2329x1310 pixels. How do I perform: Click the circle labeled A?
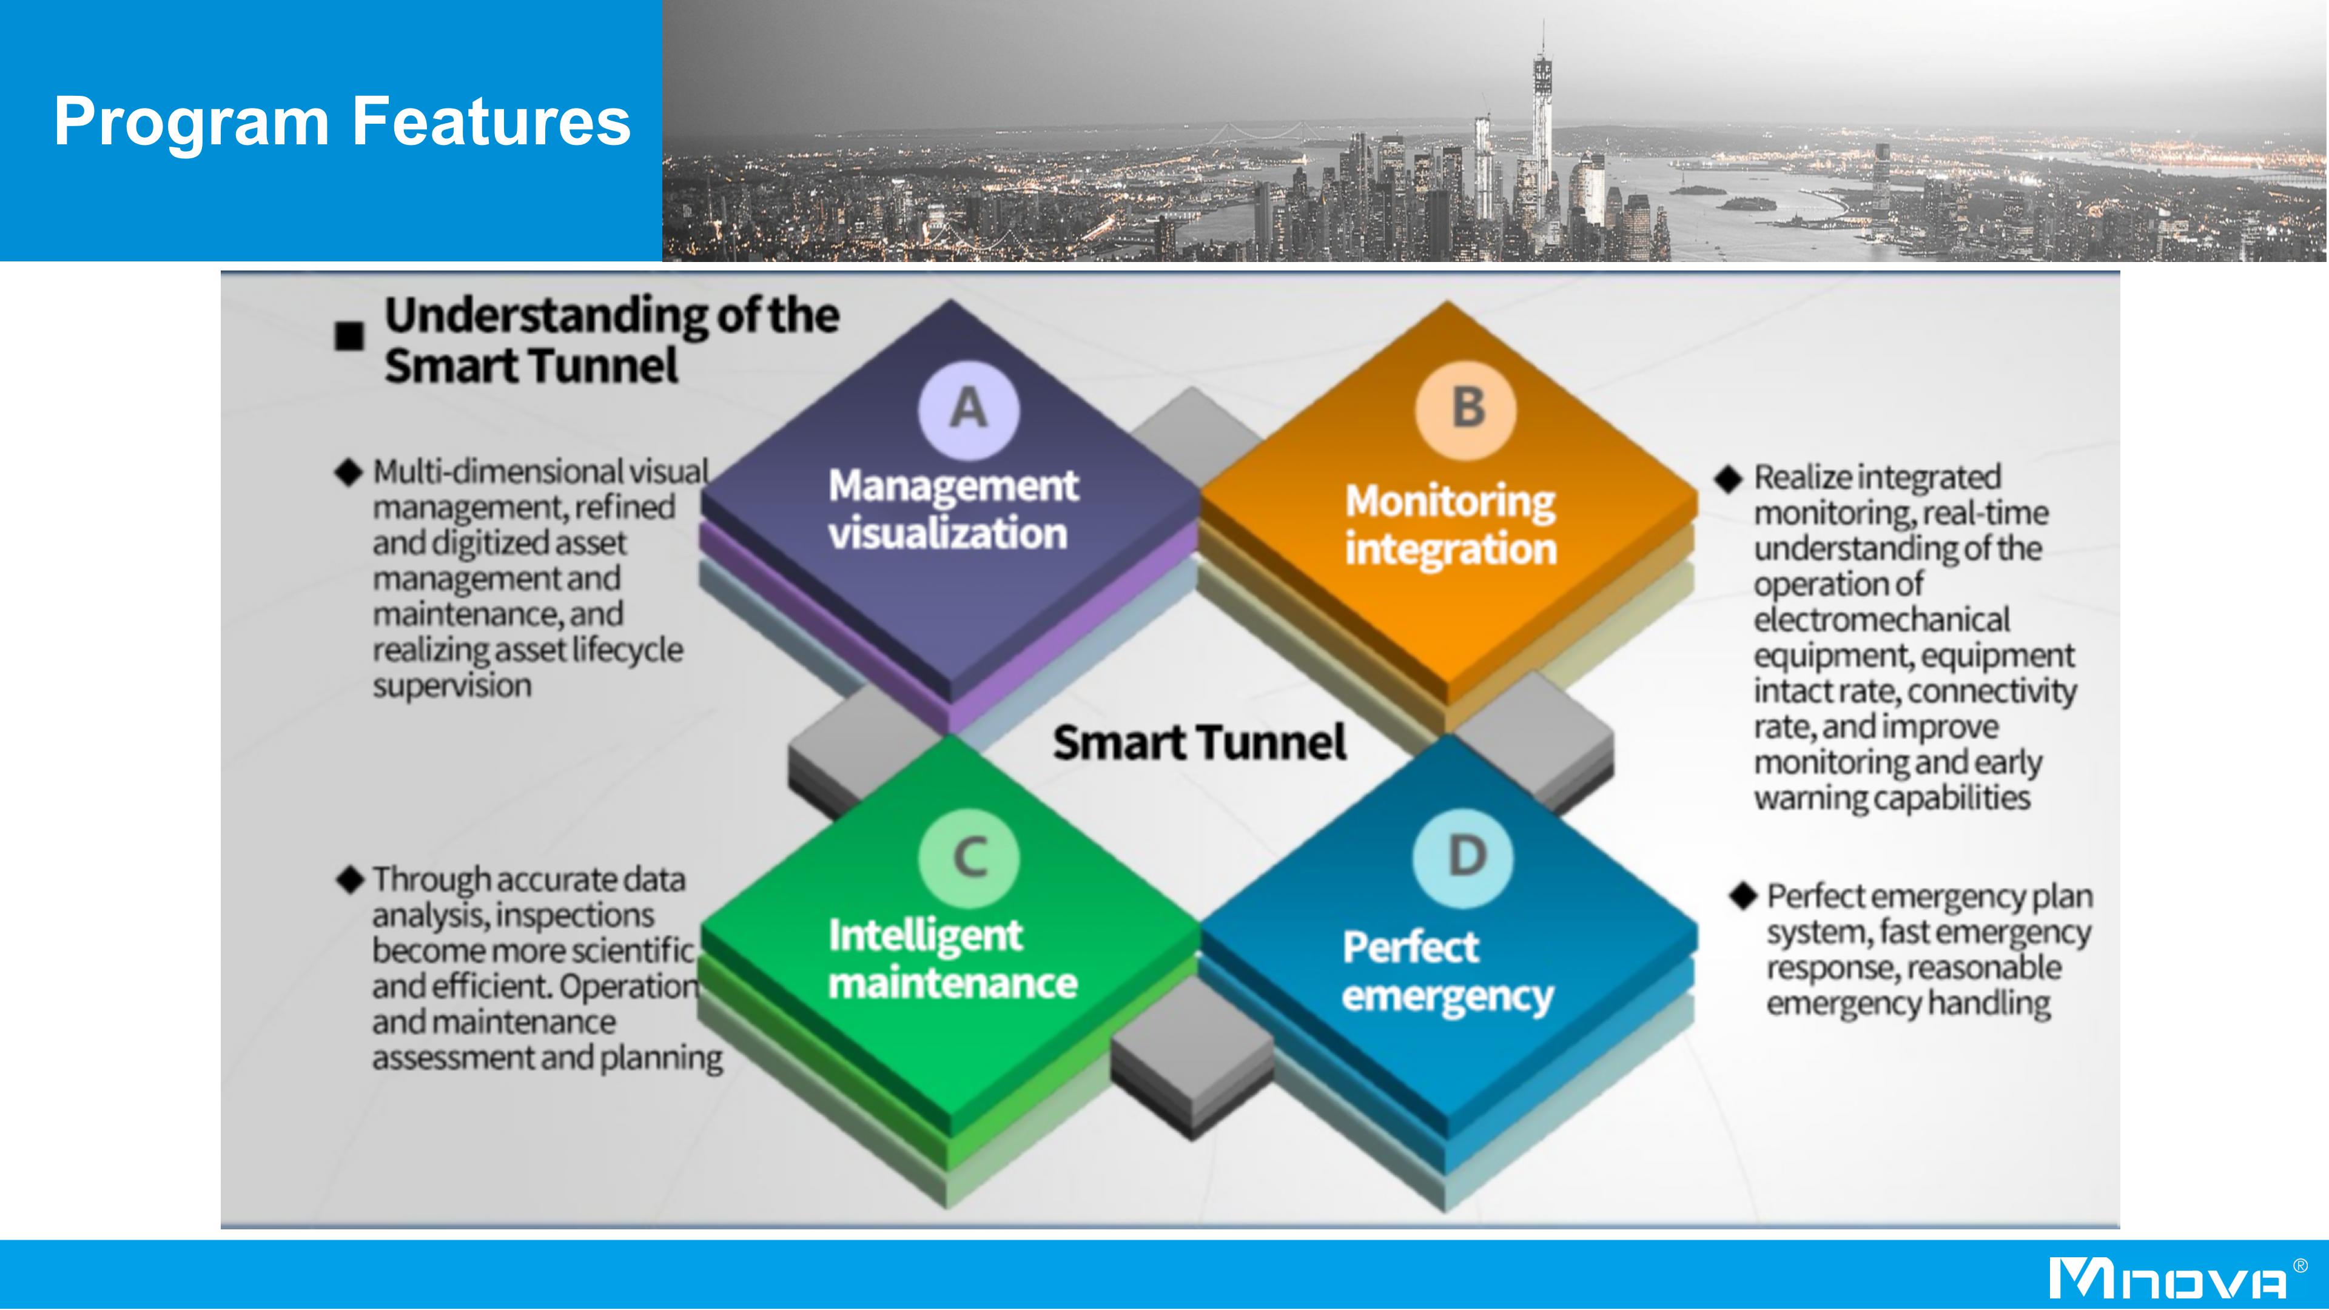[x=969, y=409]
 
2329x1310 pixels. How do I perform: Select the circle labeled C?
[x=969, y=857]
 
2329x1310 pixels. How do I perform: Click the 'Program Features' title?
[x=341, y=121]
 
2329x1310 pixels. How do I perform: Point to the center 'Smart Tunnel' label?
[x=1200, y=743]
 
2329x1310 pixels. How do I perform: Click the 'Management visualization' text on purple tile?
[x=953, y=509]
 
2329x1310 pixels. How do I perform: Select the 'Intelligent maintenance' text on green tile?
[x=953, y=958]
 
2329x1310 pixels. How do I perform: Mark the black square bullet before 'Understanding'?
[x=349, y=337]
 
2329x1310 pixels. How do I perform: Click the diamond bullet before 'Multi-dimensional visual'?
[x=349, y=472]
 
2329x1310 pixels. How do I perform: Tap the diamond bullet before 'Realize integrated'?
[x=1728, y=479]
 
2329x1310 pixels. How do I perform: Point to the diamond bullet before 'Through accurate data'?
[x=349, y=879]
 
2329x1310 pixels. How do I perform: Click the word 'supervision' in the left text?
[x=452, y=686]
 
